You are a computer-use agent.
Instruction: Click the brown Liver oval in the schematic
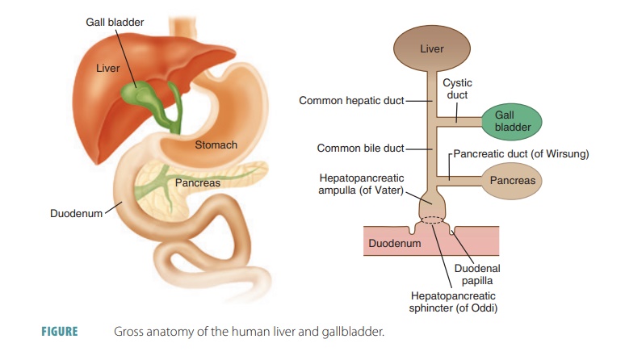pyautogui.click(x=431, y=49)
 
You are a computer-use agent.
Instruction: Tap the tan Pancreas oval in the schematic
pyautogui.click(x=512, y=180)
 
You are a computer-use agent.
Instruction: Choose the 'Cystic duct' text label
pyautogui.click(x=457, y=89)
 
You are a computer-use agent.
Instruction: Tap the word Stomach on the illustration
pyautogui.click(x=216, y=145)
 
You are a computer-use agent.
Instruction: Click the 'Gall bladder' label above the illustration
pyautogui.click(x=115, y=22)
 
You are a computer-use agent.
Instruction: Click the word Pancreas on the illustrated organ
pyautogui.click(x=197, y=183)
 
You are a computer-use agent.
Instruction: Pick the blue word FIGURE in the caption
pyautogui.click(x=59, y=332)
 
